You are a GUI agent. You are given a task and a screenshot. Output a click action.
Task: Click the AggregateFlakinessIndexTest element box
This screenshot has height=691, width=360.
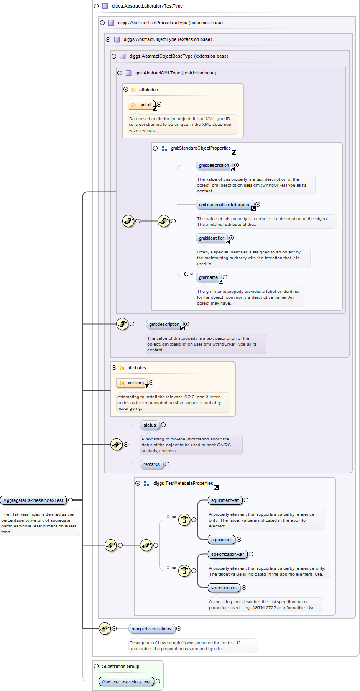[x=33, y=500]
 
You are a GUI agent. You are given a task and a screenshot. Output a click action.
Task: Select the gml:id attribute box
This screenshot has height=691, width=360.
[x=142, y=105]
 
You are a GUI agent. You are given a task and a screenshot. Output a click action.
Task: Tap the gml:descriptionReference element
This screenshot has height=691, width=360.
[x=225, y=205]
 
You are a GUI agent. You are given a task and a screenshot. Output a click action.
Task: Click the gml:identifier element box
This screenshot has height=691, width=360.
[x=212, y=238]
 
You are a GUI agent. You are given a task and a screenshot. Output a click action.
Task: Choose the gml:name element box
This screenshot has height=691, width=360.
[x=208, y=277]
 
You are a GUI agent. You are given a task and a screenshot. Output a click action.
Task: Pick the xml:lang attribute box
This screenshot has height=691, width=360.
[x=132, y=383]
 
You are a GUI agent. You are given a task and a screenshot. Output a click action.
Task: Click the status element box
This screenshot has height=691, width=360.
[x=150, y=425]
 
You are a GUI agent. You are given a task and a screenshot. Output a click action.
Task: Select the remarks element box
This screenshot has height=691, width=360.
[x=151, y=464]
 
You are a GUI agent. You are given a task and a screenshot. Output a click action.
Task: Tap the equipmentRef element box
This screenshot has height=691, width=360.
[x=225, y=500]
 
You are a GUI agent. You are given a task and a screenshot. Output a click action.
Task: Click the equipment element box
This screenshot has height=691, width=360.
[x=221, y=540]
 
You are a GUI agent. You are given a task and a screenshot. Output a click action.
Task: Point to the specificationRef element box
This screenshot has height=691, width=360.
[x=227, y=554]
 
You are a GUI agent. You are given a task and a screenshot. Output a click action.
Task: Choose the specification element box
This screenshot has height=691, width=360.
[x=224, y=588]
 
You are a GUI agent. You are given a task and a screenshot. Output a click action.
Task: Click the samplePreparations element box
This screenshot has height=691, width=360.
[x=151, y=629]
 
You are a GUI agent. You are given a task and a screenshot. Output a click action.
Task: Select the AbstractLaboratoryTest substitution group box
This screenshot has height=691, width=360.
[x=126, y=681]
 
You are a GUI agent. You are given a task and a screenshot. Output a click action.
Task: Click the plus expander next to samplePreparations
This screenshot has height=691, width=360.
[x=179, y=628]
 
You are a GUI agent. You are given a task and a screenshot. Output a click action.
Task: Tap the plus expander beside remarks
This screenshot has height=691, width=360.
[x=167, y=464]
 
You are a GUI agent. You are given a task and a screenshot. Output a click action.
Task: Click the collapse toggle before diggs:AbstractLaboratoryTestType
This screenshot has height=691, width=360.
[x=97, y=6]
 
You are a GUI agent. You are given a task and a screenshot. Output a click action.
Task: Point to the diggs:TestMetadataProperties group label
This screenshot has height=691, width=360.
[x=183, y=483]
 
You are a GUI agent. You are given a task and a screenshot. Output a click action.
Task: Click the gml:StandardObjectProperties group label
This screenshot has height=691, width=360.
[x=201, y=148]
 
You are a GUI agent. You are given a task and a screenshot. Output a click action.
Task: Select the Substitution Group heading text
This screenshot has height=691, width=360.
[x=120, y=666]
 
